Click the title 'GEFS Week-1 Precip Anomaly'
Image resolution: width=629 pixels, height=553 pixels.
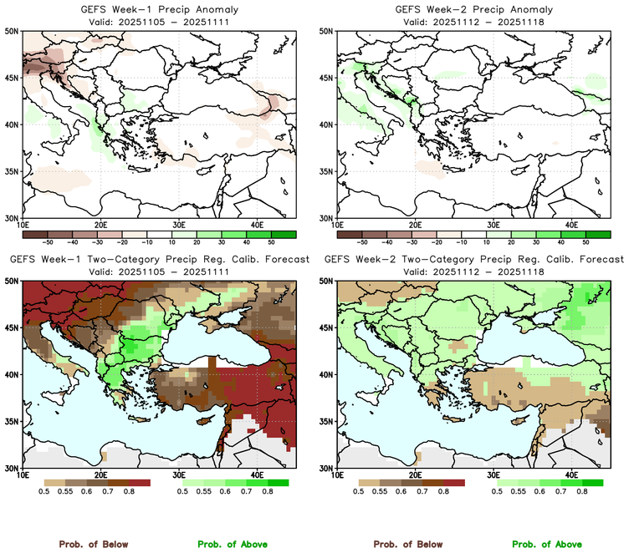[x=157, y=9]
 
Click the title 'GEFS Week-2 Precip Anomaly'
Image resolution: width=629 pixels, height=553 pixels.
[x=472, y=9]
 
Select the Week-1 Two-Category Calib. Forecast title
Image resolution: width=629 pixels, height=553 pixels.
[x=157, y=260]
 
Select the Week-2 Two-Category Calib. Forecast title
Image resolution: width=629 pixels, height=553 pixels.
[x=472, y=260]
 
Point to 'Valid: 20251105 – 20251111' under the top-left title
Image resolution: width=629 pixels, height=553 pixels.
[x=157, y=21]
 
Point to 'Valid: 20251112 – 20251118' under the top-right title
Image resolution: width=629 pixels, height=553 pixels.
[x=472, y=21]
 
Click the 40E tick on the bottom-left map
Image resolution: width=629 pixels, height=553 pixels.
[x=257, y=475]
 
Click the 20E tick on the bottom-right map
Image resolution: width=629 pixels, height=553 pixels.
[x=415, y=475]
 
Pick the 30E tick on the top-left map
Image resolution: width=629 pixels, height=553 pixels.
[x=179, y=225]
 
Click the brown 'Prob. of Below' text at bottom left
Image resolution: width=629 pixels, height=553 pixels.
[x=93, y=544]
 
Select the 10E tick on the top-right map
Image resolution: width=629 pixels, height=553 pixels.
[x=337, y=225]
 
